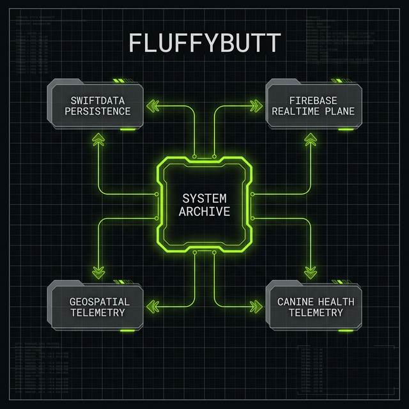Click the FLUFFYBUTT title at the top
204,43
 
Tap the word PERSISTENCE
100,111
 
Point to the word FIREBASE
313,100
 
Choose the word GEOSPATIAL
99,301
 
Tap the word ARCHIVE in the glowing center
204,211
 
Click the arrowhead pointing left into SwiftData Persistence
152,105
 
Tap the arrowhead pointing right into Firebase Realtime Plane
257,105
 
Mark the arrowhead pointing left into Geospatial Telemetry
152,306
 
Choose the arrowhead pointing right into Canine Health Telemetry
257,306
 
